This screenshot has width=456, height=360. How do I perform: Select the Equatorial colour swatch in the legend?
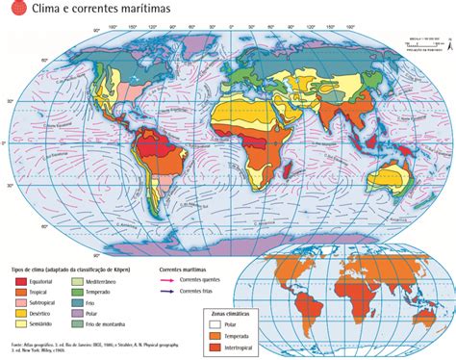point(19,253)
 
